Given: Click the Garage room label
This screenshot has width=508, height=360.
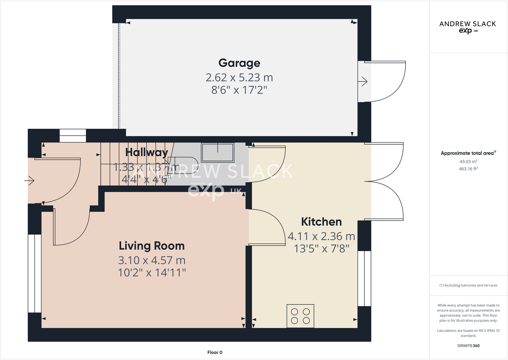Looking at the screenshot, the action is [x=239, y=63].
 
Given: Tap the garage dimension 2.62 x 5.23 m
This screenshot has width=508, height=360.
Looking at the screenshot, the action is [x=239, y=78].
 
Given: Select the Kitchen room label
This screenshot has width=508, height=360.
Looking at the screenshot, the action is [x=321, y=222].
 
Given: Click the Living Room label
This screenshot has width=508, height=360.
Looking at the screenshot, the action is [x=152, y=246].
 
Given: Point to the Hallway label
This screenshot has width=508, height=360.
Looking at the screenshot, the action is [x=146, y=152].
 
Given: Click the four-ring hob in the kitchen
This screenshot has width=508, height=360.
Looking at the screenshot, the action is [x=300, y=316].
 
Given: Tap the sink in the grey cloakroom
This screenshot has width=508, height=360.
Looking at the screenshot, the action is [x=218, y=152].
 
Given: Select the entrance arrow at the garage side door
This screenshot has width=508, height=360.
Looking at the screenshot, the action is [x=363, y=82].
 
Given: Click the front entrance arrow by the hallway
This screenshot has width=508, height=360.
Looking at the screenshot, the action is [x=29, y=181].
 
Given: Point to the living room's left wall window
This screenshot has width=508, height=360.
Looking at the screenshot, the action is [x=35, y=273].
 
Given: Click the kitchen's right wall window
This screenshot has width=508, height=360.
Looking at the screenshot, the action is [x=364, y=279].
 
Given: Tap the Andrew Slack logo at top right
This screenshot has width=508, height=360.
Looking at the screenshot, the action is [x=468, y=27].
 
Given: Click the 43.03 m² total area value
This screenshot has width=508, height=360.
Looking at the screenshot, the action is [x=468, y=162].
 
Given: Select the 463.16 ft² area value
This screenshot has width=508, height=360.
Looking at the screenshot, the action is [x=468, y=169].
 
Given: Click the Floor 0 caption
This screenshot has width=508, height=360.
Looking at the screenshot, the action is [x=215, y=352].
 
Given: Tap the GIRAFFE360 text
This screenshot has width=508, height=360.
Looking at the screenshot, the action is [x=468, y=346].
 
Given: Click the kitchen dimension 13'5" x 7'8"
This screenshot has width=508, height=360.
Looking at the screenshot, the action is [x=321, y=249].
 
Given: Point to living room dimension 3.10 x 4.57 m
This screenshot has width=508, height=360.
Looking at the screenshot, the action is [x=152, y=261].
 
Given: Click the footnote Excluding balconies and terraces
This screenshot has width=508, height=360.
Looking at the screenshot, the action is [x=468, y=285].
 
